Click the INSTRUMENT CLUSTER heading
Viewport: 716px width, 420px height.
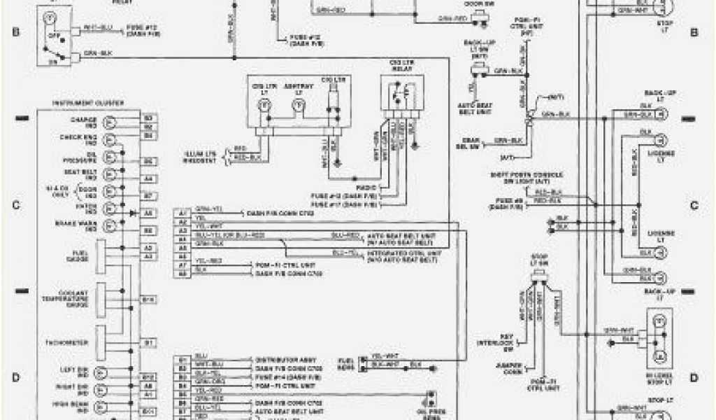tap(88, 104)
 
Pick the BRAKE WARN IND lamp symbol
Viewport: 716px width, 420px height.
tap(108, 225)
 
